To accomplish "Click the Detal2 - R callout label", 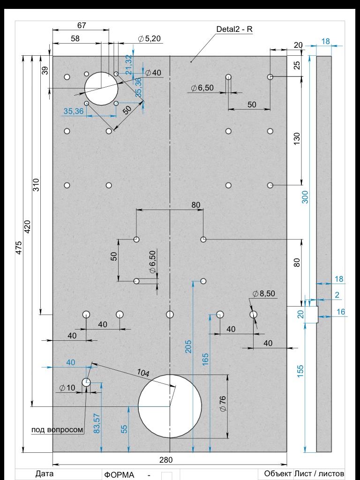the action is [234, 30].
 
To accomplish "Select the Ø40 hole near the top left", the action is [101, 89].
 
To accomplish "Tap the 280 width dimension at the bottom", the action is [166, 460].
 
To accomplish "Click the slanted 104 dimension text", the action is [143, 373].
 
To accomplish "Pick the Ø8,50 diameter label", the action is [264, 293].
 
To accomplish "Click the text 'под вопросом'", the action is [57, 429].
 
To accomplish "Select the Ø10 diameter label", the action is [67, 388].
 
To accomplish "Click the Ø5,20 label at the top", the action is [150, 38].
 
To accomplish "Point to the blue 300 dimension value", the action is [305, 197].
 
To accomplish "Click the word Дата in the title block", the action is [45, 473].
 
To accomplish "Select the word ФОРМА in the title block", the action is [120, 475].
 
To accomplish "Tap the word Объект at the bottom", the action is [277, 473].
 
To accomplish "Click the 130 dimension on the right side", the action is [297, 139].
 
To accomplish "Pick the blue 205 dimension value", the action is [188, 346].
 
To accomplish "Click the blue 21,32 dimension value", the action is [129, 65].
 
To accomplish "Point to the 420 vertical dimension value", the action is [27, 226].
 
